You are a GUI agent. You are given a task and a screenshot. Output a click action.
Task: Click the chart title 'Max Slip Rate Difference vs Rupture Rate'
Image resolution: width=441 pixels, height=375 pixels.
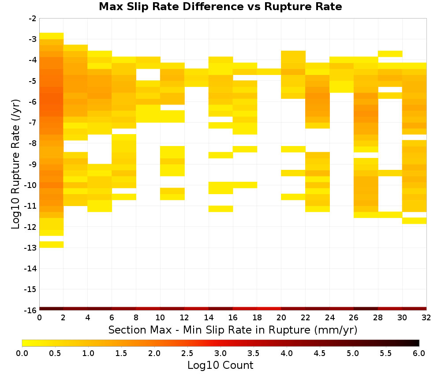[220, 7]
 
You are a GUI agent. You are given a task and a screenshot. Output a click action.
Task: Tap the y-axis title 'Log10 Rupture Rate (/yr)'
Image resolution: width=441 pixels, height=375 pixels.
[15, 164]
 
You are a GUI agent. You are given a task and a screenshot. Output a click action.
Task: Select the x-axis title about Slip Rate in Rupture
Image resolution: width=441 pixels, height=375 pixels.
[232, 330]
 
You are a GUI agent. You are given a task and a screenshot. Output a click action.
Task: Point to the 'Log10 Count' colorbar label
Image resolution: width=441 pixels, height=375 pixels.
[220, 365]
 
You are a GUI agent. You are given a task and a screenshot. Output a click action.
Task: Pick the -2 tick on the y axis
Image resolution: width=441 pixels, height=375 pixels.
[32, 19]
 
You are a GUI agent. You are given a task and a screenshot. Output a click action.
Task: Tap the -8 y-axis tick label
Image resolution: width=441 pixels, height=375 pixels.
[32, 143]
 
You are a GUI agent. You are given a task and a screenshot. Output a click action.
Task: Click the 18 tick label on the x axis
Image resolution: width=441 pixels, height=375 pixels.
[257, 318]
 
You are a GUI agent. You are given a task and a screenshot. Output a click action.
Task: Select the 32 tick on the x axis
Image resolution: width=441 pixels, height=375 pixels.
[426, 318]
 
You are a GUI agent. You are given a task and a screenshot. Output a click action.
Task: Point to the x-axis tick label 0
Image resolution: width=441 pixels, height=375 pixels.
[39, 318]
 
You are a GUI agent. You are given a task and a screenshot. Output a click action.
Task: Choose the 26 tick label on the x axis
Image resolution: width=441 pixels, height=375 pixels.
[354, 318]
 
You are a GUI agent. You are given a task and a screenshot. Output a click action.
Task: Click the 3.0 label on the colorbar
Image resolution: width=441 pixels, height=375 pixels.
[220, 353]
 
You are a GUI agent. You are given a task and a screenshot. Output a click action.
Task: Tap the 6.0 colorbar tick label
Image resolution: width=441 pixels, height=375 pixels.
[419, 353]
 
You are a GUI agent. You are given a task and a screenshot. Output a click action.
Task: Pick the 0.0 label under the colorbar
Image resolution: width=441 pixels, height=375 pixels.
[22, 353]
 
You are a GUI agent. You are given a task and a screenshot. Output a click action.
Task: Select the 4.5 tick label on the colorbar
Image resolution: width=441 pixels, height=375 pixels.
[320, 353]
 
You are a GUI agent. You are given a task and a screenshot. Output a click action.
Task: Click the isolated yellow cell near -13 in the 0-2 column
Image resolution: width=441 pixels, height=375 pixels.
[52, 244]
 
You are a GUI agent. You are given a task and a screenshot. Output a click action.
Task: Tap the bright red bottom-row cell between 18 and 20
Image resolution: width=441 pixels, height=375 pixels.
[269, 309]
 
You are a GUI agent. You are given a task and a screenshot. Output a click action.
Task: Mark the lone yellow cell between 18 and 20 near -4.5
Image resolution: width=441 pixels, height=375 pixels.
[269, 72]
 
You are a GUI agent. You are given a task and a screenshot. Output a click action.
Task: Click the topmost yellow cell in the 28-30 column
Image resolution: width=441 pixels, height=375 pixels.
[390, 54]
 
